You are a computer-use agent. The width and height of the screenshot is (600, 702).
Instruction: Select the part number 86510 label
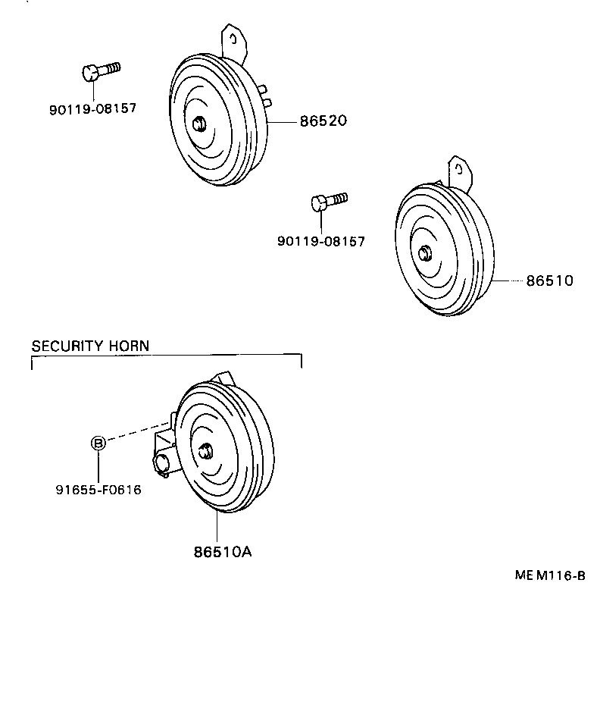550,280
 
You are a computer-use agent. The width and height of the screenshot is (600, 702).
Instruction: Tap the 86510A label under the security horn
221,551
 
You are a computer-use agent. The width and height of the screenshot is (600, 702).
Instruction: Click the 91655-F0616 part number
98,490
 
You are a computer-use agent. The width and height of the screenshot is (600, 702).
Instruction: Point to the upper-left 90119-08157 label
92,108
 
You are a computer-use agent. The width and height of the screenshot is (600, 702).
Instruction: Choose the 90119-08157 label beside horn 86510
321,242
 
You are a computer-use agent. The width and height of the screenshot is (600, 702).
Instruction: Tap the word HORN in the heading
130,346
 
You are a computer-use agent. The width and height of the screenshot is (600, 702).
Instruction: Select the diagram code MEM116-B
550,575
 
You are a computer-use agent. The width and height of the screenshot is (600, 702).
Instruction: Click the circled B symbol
98,443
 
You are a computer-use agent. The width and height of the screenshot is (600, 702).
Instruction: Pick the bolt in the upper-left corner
99,71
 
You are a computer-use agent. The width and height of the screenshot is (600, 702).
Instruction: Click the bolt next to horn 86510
329,201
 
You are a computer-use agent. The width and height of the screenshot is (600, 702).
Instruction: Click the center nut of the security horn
204,452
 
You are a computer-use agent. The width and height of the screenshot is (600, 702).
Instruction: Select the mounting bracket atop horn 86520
234,42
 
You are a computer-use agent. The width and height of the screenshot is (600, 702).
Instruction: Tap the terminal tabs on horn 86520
264,95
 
